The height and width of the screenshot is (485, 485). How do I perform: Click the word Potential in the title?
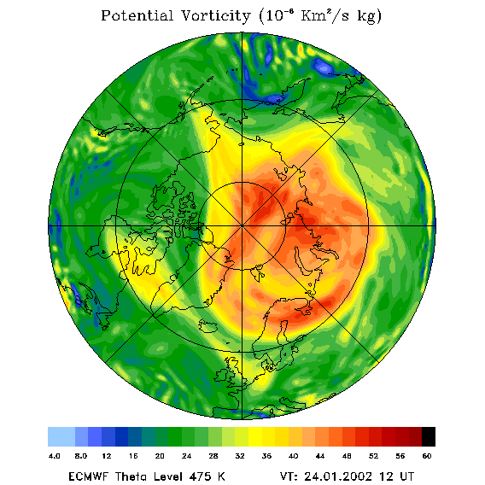137,15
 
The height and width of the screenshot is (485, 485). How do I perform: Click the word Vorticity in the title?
215,15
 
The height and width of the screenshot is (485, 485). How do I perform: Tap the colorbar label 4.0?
55,456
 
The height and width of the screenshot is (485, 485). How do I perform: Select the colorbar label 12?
107,456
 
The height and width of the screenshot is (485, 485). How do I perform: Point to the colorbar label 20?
160,456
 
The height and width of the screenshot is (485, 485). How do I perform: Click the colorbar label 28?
213,456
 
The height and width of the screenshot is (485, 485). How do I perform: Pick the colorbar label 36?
266,456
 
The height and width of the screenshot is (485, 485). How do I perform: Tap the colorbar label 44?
320,456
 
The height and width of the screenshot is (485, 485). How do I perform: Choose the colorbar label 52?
373,456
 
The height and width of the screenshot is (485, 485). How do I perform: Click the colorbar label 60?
427,456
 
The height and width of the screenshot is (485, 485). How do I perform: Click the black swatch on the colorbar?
429,436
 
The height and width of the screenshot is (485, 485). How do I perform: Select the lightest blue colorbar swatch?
61,436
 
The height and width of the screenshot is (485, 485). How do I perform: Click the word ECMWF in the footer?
89,476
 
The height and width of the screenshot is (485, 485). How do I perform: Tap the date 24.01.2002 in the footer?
338,476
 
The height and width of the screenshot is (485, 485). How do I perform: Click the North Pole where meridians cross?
242,226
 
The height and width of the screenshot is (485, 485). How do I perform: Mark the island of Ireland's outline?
221,375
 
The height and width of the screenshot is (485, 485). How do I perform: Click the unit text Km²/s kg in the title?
342,16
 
